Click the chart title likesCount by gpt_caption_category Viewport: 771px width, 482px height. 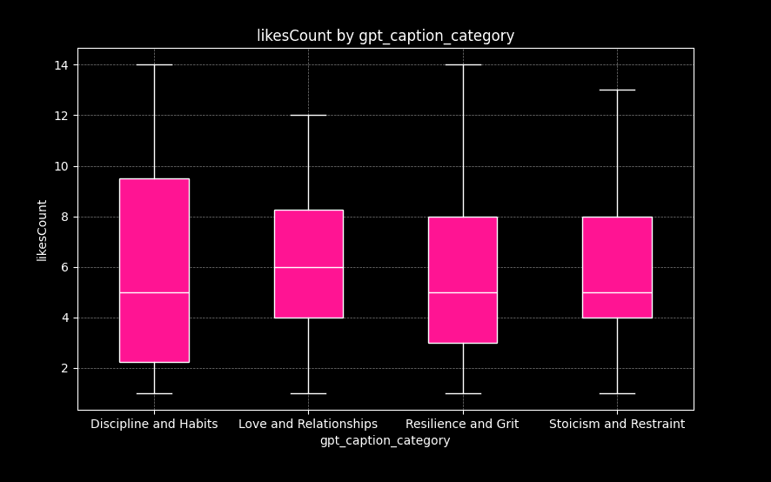(x=385, y=36)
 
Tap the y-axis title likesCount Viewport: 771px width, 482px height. (x=43, y=230)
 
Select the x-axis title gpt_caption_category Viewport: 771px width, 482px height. (x=385, y=441)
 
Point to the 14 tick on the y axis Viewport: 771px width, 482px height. (x=61, y=65)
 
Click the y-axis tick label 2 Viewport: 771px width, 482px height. (x=64, y=369)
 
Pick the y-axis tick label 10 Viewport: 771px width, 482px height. (x=61, y=166)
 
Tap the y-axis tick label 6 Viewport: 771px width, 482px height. (x=64, y=267)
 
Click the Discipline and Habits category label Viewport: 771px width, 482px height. (x=154, y=425)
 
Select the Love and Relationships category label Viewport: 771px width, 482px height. (x=308, y=425)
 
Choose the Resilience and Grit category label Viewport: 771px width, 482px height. (x=462, y=425)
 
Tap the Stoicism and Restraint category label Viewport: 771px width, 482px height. (x=617, y=425)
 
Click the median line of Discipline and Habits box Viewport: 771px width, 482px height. (x=154, y=292)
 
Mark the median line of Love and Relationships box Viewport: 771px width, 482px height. (x=308, y=267)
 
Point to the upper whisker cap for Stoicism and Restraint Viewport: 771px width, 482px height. (x=617, y=90)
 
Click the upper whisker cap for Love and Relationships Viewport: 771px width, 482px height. (x=308, y=115)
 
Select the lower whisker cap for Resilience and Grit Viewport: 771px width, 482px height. (x=462, y=393)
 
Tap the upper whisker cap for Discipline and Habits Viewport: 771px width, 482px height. (x=154, y=64)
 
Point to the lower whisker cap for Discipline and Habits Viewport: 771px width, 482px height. (x=154, y=393)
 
